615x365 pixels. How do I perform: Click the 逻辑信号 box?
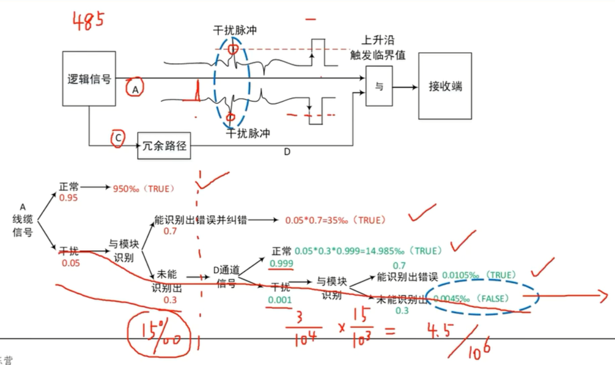[x=89, y=78]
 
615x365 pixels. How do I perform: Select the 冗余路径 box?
[x=164, y=145]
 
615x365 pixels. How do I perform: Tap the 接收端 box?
[x=445, y=86]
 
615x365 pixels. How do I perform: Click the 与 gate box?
[x=379, y=86]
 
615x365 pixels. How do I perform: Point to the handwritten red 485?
[x=88, y=21]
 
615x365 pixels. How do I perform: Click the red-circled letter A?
[x=134, y=87]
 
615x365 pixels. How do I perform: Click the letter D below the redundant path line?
[x=286, y=152]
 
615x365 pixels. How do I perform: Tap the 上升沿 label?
[x=378, y=41]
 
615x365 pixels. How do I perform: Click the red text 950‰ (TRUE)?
[x=143, y=189]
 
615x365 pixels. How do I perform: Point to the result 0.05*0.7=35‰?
[x=316, y=221]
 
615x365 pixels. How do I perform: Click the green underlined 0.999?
[x=281, y=263]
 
